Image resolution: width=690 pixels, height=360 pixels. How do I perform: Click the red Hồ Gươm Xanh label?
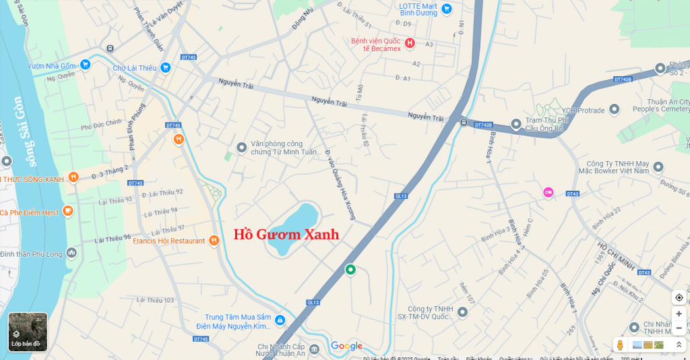[286, 235]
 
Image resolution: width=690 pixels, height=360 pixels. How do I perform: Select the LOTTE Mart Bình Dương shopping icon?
[446, 9]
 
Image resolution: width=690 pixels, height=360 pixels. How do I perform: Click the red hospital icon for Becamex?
[410, 43]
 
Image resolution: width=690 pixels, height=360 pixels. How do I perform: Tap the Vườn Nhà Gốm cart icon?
[86, 65]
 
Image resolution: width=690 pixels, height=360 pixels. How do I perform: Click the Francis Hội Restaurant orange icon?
[214, 241]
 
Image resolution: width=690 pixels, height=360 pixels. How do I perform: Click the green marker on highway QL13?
[350, 270]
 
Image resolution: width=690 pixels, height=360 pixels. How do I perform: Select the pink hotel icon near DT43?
[548, 193]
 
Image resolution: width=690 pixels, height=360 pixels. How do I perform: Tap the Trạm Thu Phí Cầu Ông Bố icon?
[516, 123]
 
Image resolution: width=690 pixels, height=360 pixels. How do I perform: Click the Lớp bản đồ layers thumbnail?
[28, 332]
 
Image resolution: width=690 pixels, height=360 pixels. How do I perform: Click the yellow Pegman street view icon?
[620, 345]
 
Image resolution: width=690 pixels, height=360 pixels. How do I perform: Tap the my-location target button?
[679, 297]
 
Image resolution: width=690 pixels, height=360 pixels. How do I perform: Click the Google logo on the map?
[346, 346]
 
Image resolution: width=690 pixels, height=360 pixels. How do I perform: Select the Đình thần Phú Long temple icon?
[71, 253]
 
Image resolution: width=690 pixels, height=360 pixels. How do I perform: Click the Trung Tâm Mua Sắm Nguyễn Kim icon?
[280, 321]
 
